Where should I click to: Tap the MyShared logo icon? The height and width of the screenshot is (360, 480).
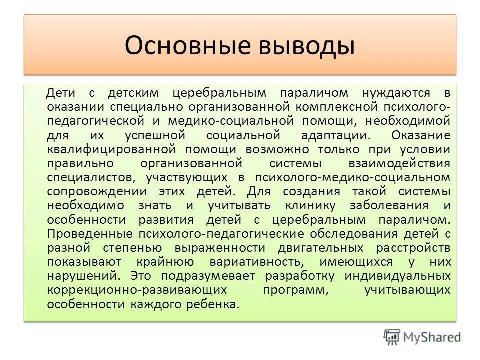392,337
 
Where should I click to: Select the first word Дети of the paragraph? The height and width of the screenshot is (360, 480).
74,93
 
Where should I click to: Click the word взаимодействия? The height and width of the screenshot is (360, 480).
400,163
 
